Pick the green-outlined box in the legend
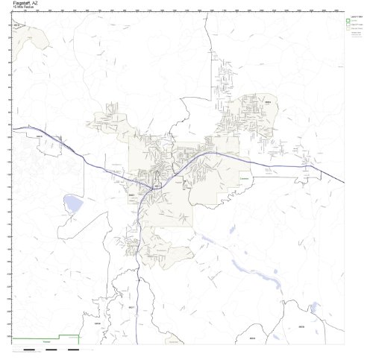[348, 20]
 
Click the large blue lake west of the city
[73, 202]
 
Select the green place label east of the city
[243, 177]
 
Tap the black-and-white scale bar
[52, 348]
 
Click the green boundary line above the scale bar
[45, 339]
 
